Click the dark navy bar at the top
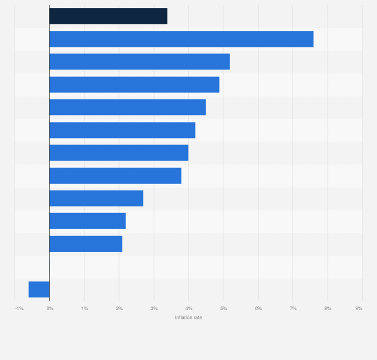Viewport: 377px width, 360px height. coord(108,16)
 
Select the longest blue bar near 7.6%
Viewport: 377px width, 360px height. coord(181,39)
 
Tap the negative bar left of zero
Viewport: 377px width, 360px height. coord(39,289)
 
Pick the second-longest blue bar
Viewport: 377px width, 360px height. coord(139,61)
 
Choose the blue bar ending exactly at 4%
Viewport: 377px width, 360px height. coord(118,153)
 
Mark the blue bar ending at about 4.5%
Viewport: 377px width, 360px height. coord(127,107)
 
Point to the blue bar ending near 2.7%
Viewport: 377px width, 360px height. coord(96,198)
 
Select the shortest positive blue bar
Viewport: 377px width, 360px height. coord(85,244)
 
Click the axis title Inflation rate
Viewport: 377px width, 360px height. coord(188,317)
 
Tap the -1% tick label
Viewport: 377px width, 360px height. coord(19,308)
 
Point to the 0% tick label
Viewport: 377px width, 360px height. coord(50,308)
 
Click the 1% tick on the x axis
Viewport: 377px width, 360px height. coord(84,308)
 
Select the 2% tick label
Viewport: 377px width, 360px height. coord(119,308)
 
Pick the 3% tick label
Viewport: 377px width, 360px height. coord(154,308)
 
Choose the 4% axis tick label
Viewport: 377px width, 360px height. coord(189,308)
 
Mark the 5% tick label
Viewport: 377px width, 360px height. coord(223,308)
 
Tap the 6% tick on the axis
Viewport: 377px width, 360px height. coord(258,308)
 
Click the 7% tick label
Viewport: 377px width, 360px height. coord(293,308)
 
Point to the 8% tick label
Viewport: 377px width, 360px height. coord(328,308)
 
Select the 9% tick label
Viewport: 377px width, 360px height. coord(359,308)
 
